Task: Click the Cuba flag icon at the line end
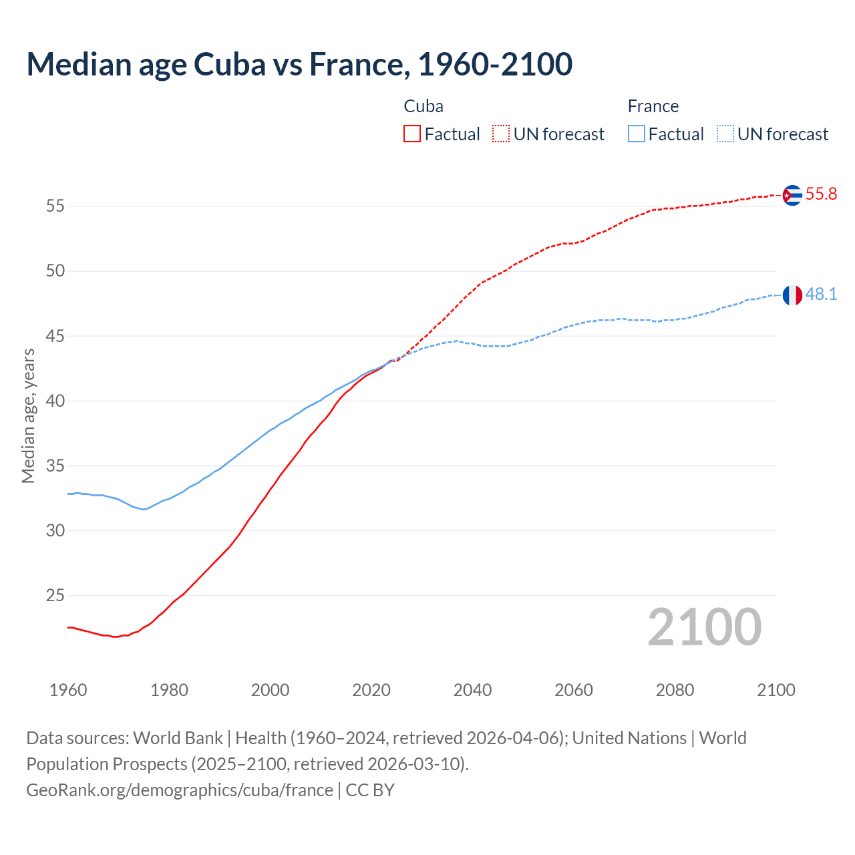point(792,195)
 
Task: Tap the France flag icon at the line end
point(792,295)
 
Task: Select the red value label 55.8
point(821,194)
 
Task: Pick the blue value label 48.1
point(821,295)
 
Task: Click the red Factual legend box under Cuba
point(412,134)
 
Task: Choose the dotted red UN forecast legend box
point(501,134)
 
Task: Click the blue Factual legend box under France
point(637,134)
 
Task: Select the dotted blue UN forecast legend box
point(725,134)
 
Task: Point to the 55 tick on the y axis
point(55,206)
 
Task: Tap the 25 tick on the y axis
point(55,596)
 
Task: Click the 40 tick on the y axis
point(55,401)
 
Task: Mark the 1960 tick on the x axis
point(68,690)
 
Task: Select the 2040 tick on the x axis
point(472,690)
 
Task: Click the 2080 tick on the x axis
point(675,690)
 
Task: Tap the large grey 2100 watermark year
point(705,627)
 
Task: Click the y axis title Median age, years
point(28,415)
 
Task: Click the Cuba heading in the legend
point(423,107)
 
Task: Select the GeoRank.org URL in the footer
point(180,790)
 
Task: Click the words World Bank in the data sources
point(178,738)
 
